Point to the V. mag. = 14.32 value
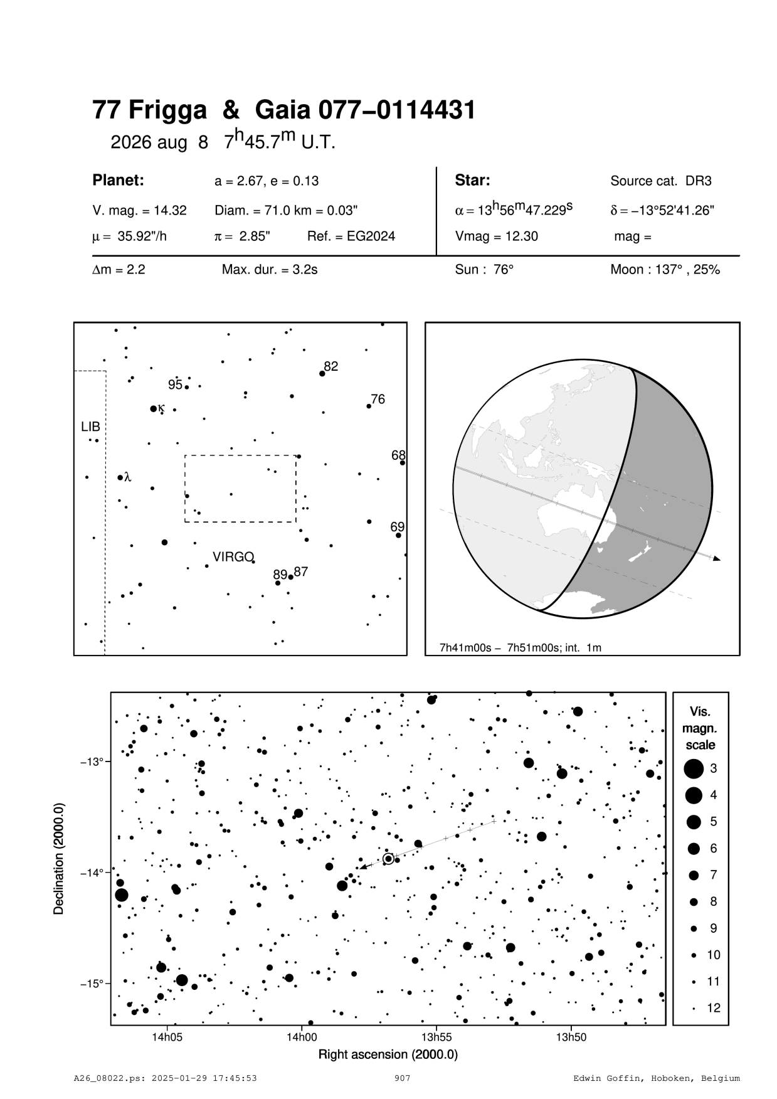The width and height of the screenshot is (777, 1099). point(139,211)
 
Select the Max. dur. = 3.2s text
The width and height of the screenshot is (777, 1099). point(270,270)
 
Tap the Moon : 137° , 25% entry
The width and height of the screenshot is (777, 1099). point(665,270)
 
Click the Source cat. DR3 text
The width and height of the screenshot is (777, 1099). point(660,181)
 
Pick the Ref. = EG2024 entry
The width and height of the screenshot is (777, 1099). point(351,236)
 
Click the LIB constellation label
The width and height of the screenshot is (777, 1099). point(90,427)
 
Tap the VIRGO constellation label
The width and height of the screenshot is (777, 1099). point(233,557)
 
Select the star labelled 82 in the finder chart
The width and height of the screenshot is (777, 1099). point(322,373)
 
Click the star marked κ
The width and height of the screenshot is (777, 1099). point(153,408)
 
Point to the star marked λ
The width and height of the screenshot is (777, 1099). point(120,477)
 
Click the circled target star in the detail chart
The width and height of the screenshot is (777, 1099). point(388,859)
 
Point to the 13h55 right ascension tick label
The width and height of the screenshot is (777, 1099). point(436,1038)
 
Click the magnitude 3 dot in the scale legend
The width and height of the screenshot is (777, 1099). point(693,768)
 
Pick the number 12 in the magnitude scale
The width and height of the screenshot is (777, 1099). point(714,1008)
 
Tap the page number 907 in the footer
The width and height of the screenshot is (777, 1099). point(403,1078)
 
